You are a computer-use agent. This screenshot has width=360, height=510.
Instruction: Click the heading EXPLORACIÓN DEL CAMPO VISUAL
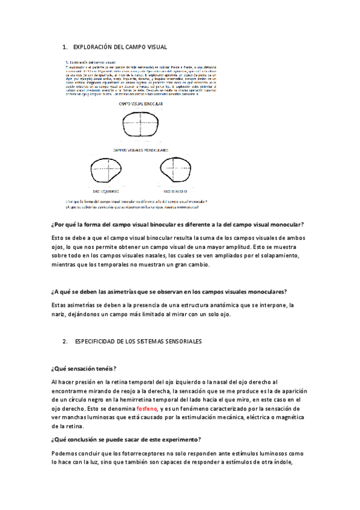(x=120, y=46)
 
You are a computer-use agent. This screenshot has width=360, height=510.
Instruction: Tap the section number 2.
(x=66, y=341)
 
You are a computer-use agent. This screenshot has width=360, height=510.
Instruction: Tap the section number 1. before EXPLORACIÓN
(x=66, y=46)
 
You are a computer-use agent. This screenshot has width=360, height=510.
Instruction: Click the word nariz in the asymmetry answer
(x=59, y=314)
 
